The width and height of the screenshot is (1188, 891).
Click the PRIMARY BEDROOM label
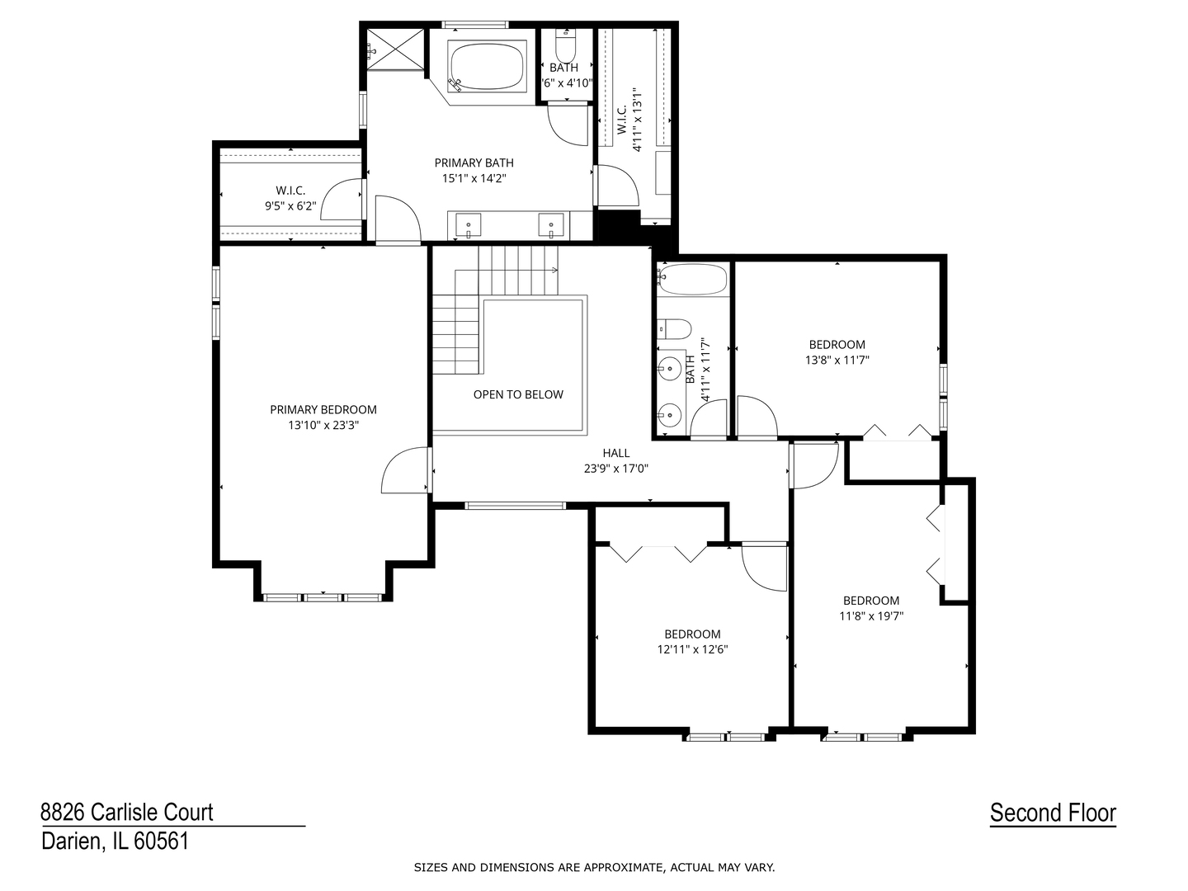[323, 409]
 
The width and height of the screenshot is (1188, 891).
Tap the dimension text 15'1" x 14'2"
[474, 178]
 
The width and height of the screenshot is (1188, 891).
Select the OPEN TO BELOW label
[518, 394]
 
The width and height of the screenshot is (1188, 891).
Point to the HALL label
[615, 453]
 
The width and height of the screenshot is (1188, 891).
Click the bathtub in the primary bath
[487, 66]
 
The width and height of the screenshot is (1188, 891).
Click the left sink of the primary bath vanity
[468, 224]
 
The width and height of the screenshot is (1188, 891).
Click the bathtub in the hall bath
[692, 280]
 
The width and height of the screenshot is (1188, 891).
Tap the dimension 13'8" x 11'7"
[837, 360]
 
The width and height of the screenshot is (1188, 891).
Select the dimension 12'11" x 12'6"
[692, 649]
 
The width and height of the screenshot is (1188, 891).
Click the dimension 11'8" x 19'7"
[871, 615]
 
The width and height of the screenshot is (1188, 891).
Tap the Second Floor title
[1053, 813]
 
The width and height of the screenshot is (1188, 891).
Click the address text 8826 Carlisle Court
[127, 813]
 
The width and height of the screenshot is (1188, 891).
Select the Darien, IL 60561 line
[115, 841]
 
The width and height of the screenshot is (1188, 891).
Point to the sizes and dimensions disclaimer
[594, 867]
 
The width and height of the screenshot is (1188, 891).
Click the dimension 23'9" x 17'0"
[615, 469]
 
